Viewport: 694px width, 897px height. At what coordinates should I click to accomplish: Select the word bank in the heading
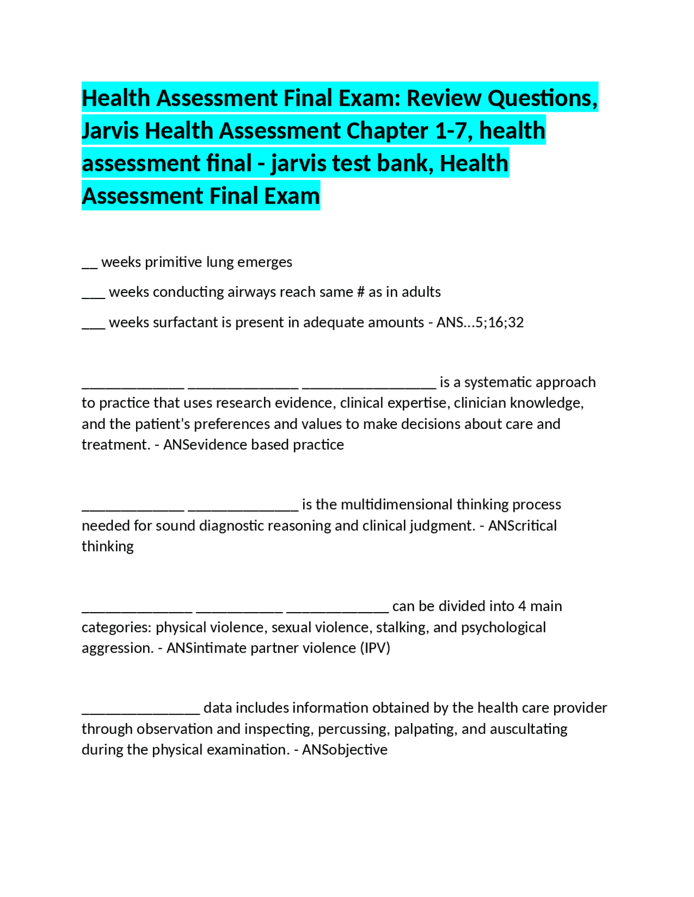click(x=404, y=164)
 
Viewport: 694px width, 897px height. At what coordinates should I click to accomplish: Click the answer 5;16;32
click(x=499, y=323)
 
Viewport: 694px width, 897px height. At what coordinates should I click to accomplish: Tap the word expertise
click(x=413, y=404)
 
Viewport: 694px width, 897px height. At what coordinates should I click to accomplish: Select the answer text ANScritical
click(x=522, y=526)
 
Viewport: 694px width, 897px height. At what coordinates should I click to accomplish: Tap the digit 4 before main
click(x=522, y=606)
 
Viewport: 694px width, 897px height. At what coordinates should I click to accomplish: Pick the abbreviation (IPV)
click(x=375, y=648)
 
